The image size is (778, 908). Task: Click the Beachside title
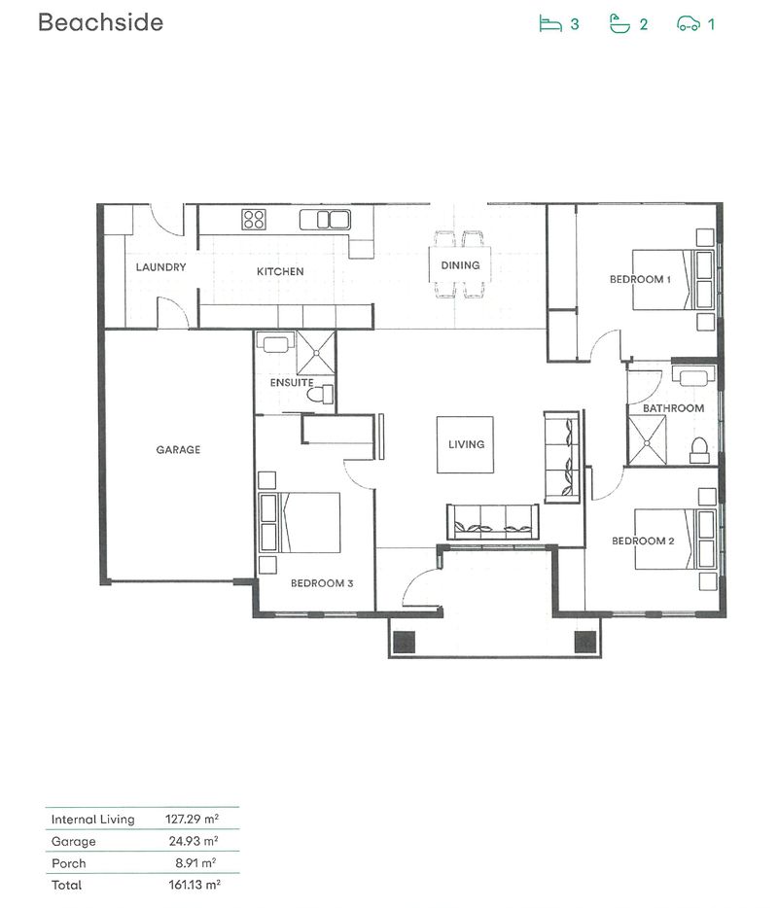click(x=100, y=22)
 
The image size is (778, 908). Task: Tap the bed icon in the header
click(x=551, y=23)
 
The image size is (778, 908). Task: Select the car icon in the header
click(x=689, y=24)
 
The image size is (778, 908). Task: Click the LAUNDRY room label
click(x=160, y=267)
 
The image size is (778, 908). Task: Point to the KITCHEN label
click(x=280, y=271)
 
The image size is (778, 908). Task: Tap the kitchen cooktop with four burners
click(x=254, y=219)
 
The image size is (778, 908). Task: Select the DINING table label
click(x=460, y=264)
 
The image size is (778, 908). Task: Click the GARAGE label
click(x=178, y=450)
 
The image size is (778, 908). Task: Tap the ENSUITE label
click(x=292, y=383)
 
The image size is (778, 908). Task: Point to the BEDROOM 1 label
click(x=640, y=279)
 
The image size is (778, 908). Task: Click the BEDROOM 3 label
click(x=321, y=583)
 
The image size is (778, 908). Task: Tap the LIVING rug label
click(x=466, y=444)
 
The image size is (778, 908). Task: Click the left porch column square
click(x=404, y=641)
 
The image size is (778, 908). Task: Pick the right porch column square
click(x=584, y=641)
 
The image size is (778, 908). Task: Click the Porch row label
click(x=68, y=863)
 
